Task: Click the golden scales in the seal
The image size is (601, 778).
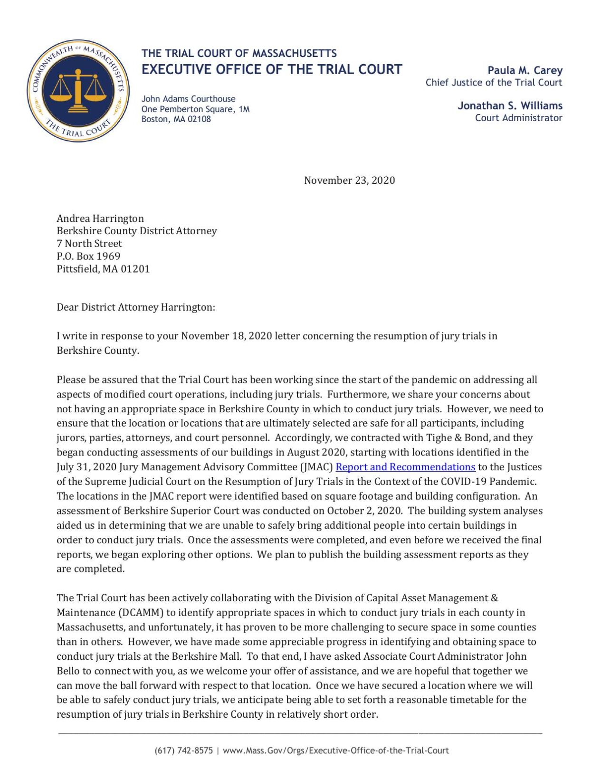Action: click(x=78, y=90)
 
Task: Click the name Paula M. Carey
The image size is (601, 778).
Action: click(x=525, y=70)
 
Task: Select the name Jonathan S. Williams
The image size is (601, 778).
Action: click(x=510, y=105)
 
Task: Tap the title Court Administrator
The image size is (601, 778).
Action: click(x=518, y=118)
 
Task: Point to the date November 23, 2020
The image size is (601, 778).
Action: click(x=349, y=180)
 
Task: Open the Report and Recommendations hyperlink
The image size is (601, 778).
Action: click(x=405, y=467)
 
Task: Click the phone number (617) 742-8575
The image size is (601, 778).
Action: click(x=183, y=750)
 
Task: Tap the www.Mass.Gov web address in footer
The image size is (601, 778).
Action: click(x=335, y=750)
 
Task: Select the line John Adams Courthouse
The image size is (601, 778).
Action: click(x=188, y=99)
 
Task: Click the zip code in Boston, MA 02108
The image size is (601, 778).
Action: click(x=199, y=119)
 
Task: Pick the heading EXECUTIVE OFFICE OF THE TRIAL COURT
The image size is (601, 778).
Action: click(x=272, y=69)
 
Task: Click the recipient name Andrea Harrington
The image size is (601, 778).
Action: click(x=100, y=218)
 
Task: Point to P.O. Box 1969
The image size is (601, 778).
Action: click(x=88, y=256)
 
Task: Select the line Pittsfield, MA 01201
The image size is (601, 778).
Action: click(x=103, y=269)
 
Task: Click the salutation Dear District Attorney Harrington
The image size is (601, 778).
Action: click(x=136, y=307)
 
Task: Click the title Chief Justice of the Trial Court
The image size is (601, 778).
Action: click(x=493, y=83)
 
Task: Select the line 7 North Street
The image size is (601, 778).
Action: click(x=89, y=244)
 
